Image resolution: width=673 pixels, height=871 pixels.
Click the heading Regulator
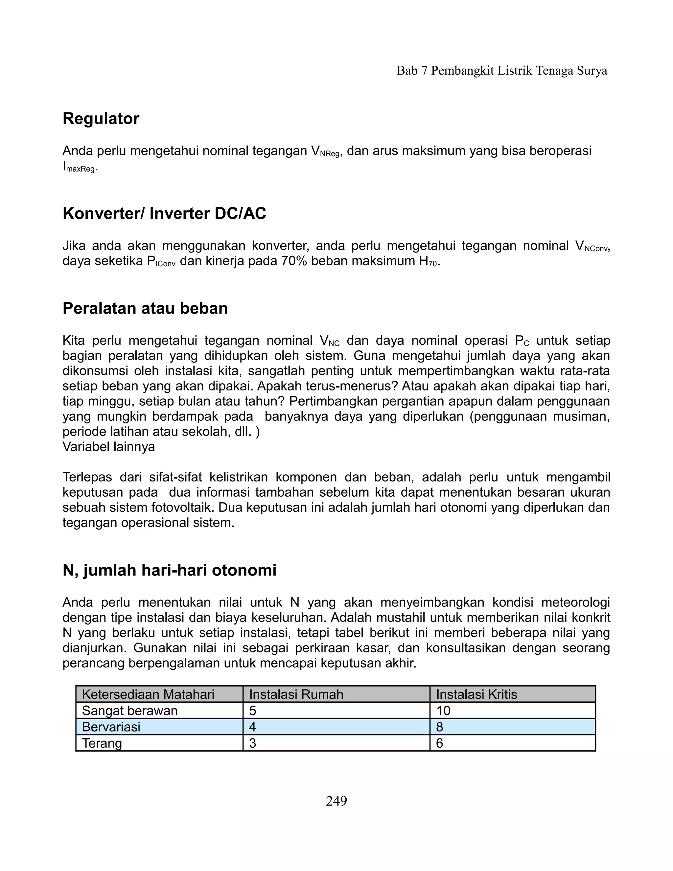[x=101, y=119]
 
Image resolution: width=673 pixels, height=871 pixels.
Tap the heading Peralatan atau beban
[x=145, y=308]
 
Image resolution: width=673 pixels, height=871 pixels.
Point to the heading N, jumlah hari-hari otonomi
[x=170, y=570]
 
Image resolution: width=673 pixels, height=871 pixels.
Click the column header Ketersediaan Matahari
[x=148, y=694]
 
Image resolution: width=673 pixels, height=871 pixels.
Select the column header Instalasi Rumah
[x=296, y=694]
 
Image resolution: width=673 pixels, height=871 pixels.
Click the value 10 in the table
[x=443, y=711]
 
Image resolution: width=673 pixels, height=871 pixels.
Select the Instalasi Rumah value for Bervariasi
[x=252, y=727]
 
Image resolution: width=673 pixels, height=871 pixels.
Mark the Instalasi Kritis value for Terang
[x=439, y=743]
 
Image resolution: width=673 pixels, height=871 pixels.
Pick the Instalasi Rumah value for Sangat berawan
[x=252, y=711]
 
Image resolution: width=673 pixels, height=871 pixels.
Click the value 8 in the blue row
[x=439, y=727]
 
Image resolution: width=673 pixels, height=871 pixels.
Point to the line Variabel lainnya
[x=108, y=447]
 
